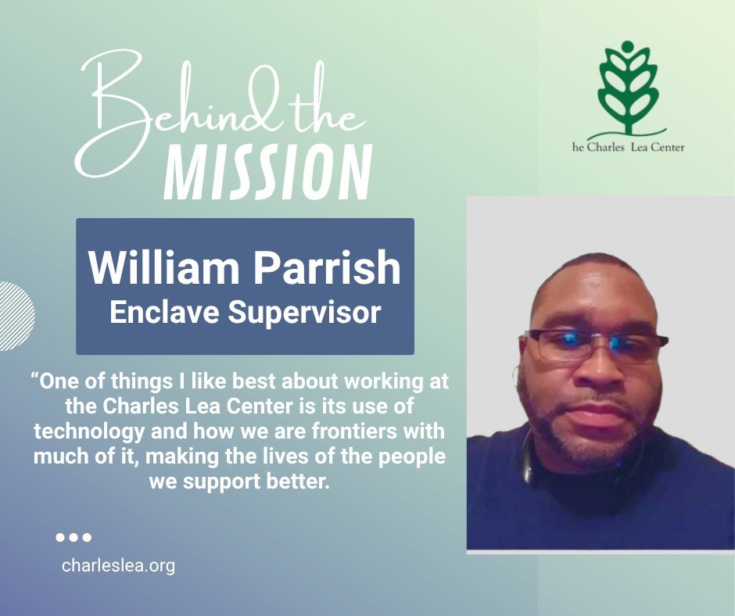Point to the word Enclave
(164, 312)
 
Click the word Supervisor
(304, 313)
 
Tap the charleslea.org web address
(118, 565)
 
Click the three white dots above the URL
(73, 537)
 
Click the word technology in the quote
(89, 432)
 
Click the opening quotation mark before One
(34, 377)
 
